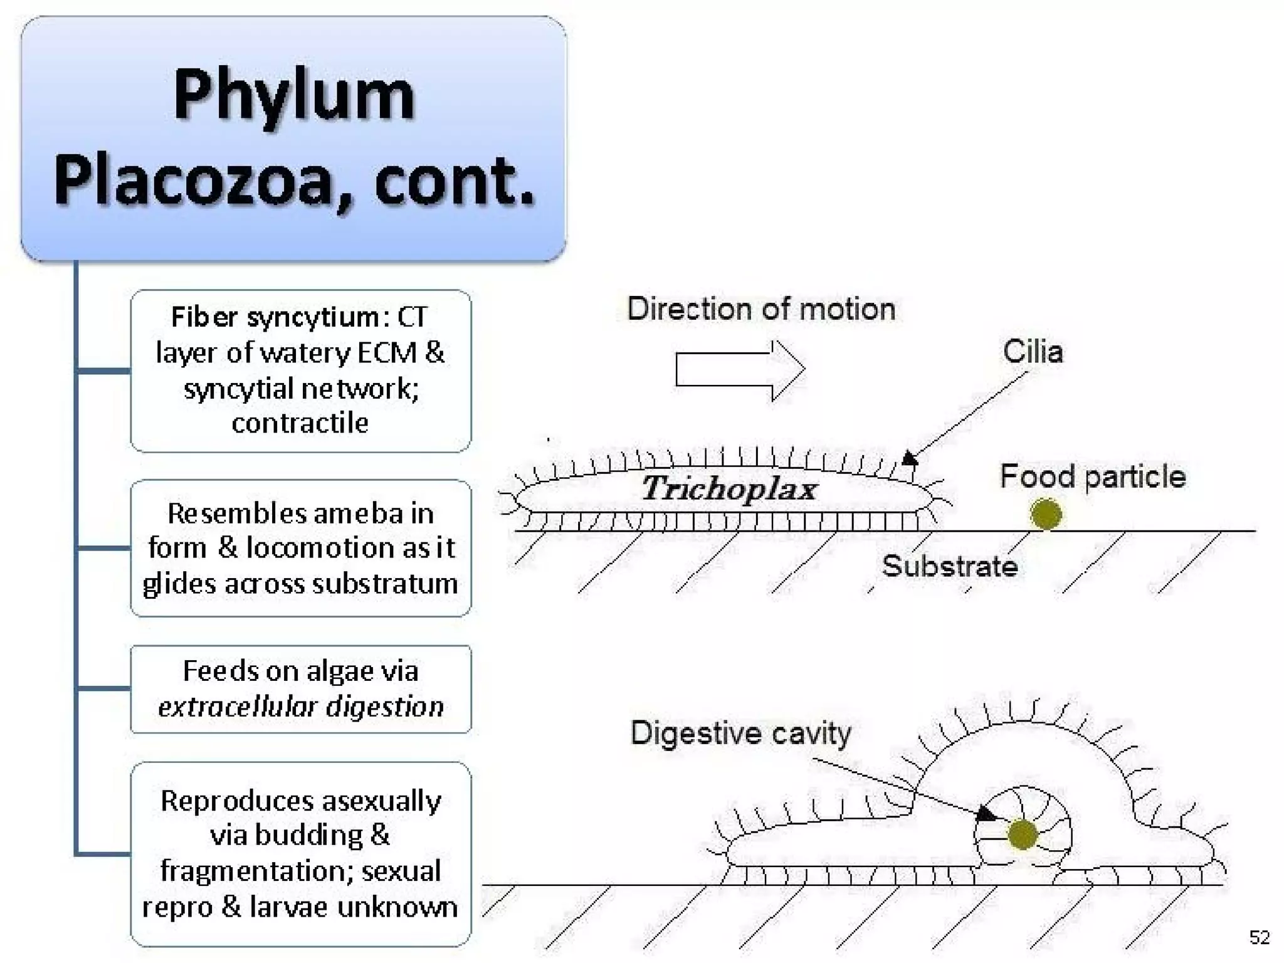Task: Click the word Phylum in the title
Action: pos(294,95)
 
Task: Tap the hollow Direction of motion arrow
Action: pos(740,370)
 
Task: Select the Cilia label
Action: pos(1033,352)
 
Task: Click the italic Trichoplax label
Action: pos(729,488)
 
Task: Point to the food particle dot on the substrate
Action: pos(1046,514)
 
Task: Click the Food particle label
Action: pos(1092,476)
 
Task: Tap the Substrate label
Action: pos(949,566)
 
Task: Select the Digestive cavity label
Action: pos(740,733)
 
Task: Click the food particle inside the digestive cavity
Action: pos(1022,834)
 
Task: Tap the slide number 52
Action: pos(1259,937)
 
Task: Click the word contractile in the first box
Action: pos(300,423)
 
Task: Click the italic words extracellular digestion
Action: pos(301,707)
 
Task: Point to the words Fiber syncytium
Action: pos(275,317)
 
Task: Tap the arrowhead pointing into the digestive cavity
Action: pos(987,814)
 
